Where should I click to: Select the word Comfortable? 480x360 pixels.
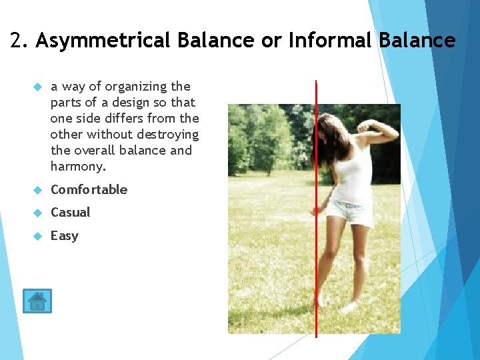(89, 190)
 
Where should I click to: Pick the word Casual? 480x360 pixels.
(70, 213)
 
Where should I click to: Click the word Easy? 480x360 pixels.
(64, 236)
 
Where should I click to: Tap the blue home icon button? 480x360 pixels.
(37, 301)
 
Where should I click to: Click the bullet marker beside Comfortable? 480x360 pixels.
(37, 190)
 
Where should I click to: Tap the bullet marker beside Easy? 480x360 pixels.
(37, 236)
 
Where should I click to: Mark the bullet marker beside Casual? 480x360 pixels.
(37, 213)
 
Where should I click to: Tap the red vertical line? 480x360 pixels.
(316, 280)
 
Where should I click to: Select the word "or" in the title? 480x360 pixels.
(271, 41)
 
